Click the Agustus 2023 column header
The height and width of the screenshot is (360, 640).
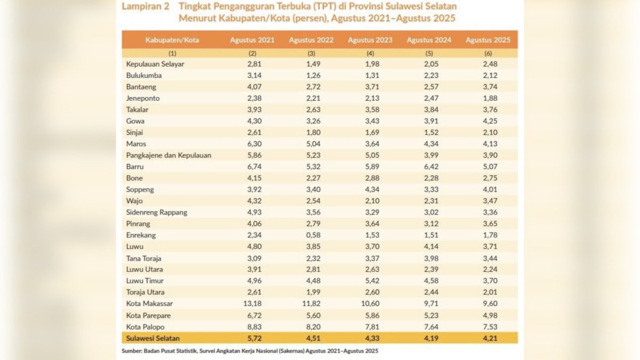[x=370, y=40]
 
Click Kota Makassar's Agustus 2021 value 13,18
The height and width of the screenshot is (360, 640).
[x=252, y=304]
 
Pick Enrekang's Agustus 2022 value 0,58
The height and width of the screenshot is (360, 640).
[x=311, y=235]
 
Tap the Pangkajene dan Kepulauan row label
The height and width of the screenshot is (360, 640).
[x=169, y=155]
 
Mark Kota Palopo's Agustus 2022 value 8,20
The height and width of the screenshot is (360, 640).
[x=311, y=326]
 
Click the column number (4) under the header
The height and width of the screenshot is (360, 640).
[x=370, y=53]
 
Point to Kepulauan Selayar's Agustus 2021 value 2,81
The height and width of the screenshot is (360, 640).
[x=252, y=64]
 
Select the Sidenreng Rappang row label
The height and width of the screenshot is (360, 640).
[x=156, y=212]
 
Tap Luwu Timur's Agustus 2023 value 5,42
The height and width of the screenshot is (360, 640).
[x=370, y=281]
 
